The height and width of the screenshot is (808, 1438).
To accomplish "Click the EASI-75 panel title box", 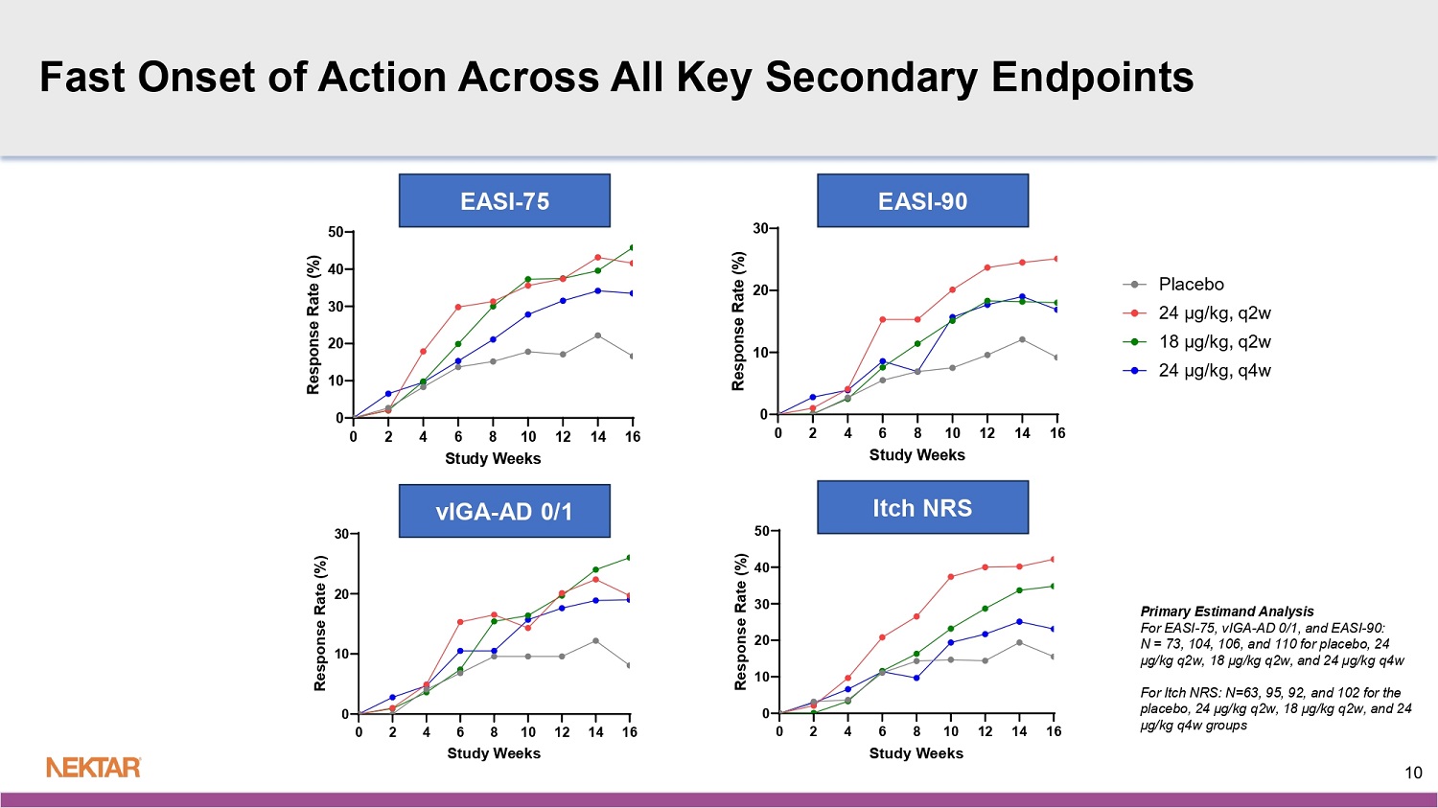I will coord(504,201).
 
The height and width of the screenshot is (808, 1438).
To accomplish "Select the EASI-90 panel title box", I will coord(922,201).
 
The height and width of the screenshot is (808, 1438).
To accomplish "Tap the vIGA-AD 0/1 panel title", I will coord(504,511).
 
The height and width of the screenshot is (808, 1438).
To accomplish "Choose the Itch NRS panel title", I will coord(922,507).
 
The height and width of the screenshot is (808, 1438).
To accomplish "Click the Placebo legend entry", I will coord(1191,285).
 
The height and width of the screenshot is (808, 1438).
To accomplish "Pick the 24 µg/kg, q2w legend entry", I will coord(1214,313).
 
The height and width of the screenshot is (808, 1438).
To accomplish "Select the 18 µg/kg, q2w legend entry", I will coord(1214,342).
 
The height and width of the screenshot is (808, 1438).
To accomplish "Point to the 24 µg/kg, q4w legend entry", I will coord(1214,371).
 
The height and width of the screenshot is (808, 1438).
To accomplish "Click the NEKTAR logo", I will coord(94,767).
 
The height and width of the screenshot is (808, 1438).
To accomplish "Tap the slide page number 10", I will coord(1413,773).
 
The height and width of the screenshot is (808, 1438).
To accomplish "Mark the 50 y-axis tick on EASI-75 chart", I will coord(336,232).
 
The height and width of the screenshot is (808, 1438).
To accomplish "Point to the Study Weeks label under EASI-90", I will coord(916,455).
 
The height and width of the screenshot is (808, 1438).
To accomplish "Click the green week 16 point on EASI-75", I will coord(632,247).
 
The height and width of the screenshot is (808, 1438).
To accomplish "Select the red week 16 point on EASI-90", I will coord(1057,259).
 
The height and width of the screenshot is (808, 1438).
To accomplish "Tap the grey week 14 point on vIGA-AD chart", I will coord(595,640).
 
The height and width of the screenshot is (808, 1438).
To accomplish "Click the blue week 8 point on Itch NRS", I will coord(916,678).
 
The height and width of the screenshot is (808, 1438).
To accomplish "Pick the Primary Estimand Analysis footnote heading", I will coord(1227,612).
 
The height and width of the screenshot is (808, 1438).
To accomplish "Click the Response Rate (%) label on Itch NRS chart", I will coord(740,621).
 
